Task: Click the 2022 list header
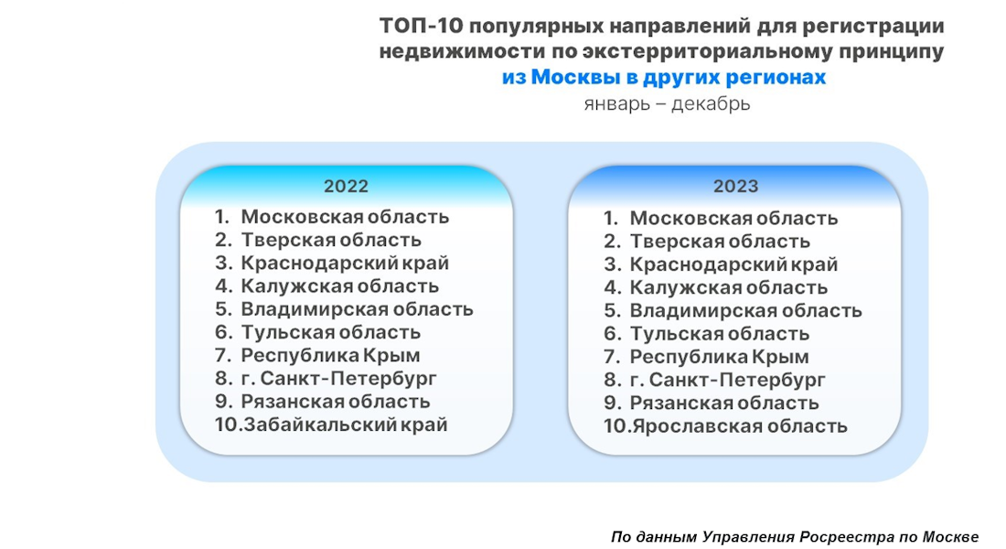(346, 187)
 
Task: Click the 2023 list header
(735, 187)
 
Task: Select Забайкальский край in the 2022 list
(345, 425)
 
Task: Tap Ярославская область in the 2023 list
(739, 426)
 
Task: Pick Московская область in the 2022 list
(345, 217)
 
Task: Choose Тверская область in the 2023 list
(720, 242)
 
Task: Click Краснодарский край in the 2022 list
(345, 264)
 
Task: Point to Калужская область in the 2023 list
(729, 288)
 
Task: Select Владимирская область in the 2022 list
(357, 309)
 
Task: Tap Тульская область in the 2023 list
(720, 334)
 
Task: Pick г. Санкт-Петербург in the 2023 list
(727, 380)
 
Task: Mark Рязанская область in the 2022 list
(335, 402)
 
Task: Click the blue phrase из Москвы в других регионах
(663, 78)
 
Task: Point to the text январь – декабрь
(667, 103)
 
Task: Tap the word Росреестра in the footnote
(847, 537)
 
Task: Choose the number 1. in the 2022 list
(222, 217)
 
